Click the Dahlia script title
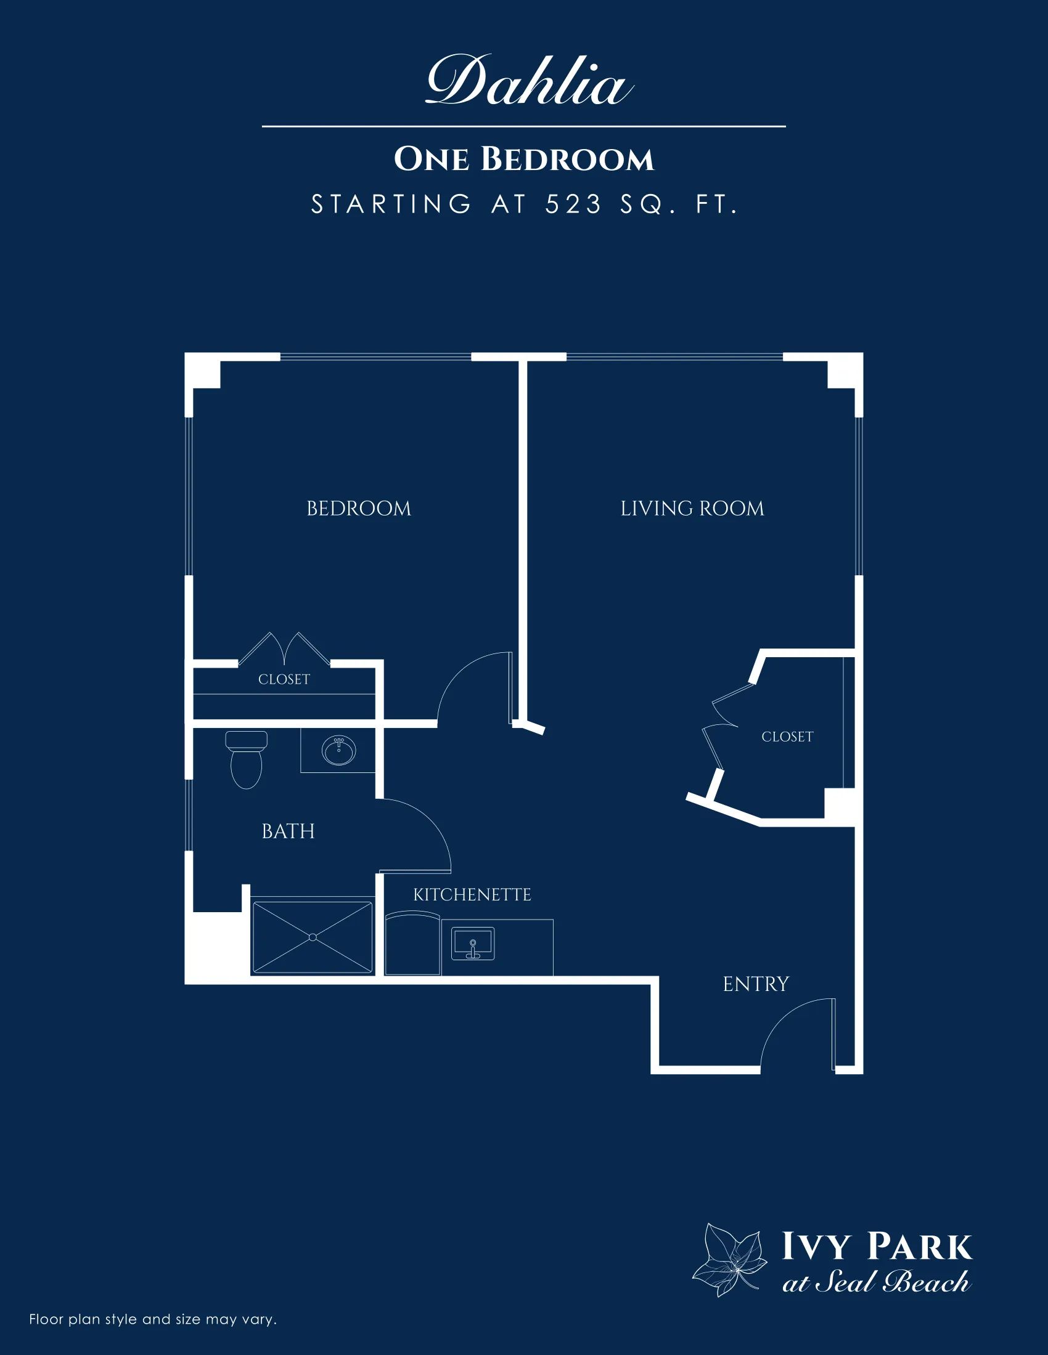tap(529, 81)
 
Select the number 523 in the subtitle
tap(574, 204)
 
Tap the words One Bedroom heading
tap(524, 159)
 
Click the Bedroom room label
tap(359, 509)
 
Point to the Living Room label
tap(692, 509)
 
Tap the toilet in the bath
tap(247, 759)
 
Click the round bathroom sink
tap(338, 751)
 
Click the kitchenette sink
tap(473, 944)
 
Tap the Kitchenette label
tap(472, 895)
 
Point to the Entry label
tap(756, 984)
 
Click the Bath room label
tap(288, 831)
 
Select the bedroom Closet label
tap(284, 679)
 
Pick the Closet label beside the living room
tap(787, 737)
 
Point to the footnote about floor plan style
tap(153, 1319)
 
